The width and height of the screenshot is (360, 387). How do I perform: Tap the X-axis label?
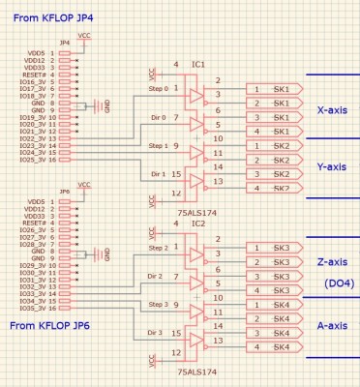(332, 110)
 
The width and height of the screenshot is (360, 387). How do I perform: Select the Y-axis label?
(332, 166)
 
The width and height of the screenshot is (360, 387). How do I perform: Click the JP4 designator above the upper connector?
(64, 44)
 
